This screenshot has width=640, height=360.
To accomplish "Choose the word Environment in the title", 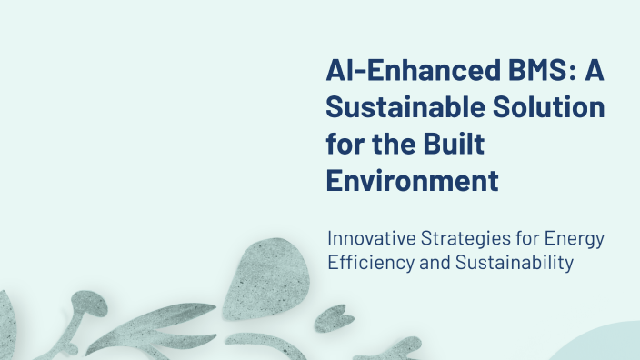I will [x=412, y=180].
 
